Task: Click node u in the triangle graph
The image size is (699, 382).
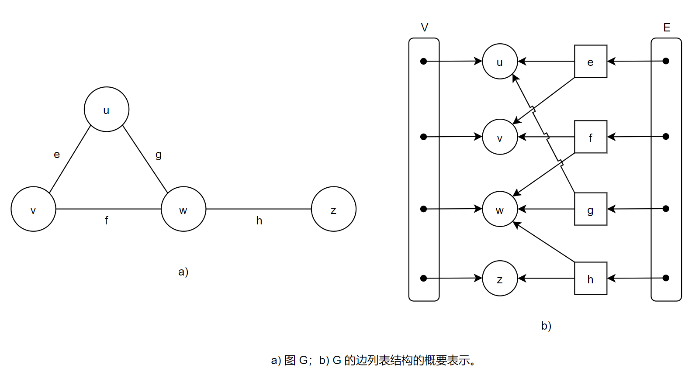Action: pyautogui.click(x=106, y=109)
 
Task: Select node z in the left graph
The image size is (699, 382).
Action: pyautogui.click(x=333, y=209)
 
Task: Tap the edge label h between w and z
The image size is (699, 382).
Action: pyautogui.click(x=259, y=221)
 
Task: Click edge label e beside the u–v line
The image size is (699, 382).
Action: pyautogui.click(x=57, y=155)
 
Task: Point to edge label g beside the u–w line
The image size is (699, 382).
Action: pyautogui.click(x=158, y=155)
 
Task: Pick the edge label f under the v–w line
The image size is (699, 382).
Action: pyautogui.click(x=106, y=220)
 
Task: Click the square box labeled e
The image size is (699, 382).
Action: pyautogui.click(x=590, y=62)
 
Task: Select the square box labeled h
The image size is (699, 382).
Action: pyautogui.click(x=590, y=279)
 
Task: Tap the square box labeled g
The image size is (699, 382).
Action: pyautogui.click(x=590, y=209)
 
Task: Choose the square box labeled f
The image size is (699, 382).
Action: pyautogui.click(x=590, y=137)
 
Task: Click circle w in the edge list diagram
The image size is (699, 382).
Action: pyautogui.click(x=500, y=209)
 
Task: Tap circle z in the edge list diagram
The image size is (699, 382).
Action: pyautogui.click(x=500, y=279)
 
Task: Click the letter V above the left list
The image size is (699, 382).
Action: pyautogui.click(x=424, y=28)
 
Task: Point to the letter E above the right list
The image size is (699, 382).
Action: pyautogui.click(x=666, y=28)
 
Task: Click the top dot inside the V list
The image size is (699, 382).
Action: pyautogui.click(x=423, y=62)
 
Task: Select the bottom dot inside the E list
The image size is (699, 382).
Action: pyautogui.click(x=666, y=278)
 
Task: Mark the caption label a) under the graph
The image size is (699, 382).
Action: pyautogui.click(x=183, y=272)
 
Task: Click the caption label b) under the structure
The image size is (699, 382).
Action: pyautogui.click(x=546, y=326)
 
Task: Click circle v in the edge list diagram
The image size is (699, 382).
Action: pyautogui.click(x=500, y=137)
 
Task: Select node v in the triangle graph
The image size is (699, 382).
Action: pyautogui.click(x=33, y=209)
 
